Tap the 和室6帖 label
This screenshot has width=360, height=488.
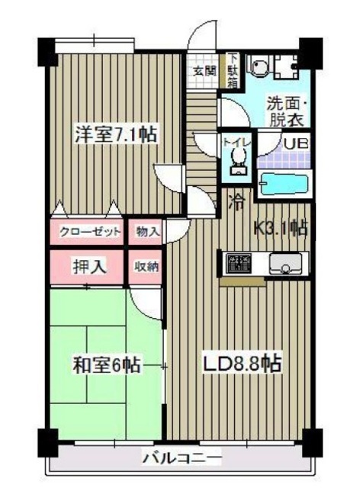[107, 365]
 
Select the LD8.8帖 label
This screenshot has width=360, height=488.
[242, 364]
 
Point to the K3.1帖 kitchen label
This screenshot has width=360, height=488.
[280, 226]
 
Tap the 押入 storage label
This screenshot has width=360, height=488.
[88, 267]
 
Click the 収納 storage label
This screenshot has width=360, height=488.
[146, 267]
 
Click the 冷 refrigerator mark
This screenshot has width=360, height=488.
[237, 202]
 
